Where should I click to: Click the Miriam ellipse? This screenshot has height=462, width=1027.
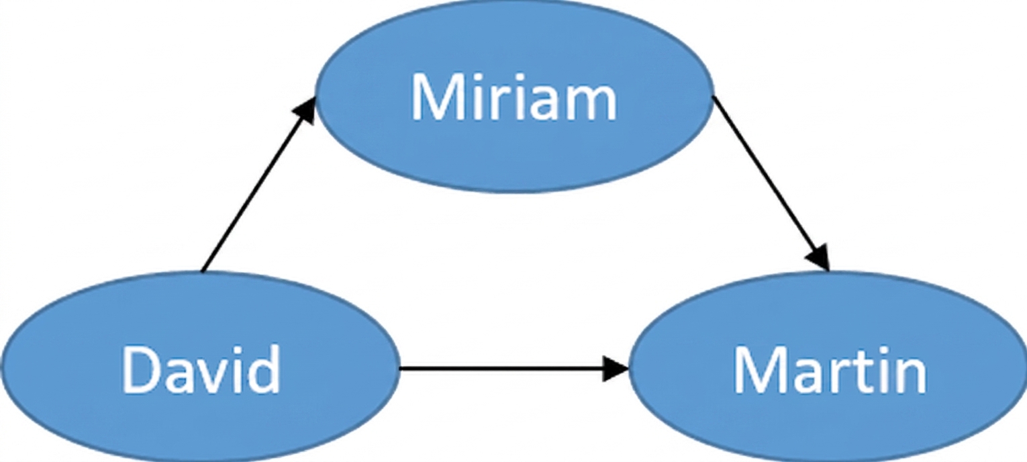(x=515, y=95)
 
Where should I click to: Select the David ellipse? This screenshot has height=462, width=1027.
(x=199, y=367)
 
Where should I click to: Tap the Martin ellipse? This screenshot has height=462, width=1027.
(x=828, y=367)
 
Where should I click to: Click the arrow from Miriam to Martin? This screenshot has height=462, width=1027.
(x=771, y=183)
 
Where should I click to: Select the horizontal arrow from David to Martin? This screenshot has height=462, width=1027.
(x=513, y=368)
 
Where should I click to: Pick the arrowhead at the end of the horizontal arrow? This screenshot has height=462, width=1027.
(x=616, y=368)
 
